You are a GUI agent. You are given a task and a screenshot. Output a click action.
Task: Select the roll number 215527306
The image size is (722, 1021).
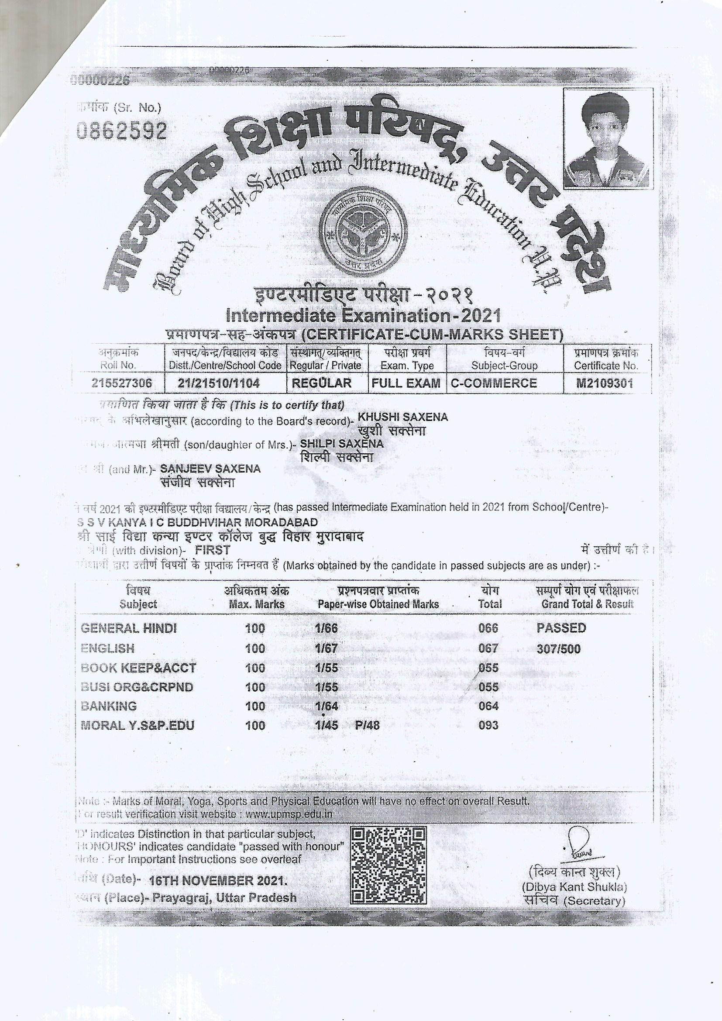click(121, 383)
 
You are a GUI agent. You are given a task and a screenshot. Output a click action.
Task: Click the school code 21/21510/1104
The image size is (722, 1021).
click(225, 383)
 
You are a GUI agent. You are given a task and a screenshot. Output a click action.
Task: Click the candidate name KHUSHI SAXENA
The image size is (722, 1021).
click(403, 417)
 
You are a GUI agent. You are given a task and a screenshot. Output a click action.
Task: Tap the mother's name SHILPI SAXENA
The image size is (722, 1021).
click(341, 443)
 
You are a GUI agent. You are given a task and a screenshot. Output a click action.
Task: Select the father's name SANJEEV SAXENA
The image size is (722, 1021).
click(210, 469)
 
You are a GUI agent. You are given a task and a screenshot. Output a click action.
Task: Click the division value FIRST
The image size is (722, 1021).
click(213, 551)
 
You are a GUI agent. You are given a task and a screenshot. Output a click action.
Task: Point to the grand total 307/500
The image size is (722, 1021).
click(558, 649)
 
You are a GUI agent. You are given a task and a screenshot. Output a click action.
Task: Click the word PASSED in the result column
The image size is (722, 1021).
click(561, 628)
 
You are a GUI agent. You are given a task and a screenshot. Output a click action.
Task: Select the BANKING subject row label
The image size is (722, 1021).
click(109, 706)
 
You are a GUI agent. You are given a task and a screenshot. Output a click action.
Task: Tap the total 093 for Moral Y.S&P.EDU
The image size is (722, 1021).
click(488, 725)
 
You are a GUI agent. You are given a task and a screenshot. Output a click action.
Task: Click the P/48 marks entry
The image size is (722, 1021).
click(367, 725)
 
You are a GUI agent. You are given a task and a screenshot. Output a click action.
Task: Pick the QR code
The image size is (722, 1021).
click(389, 865)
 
